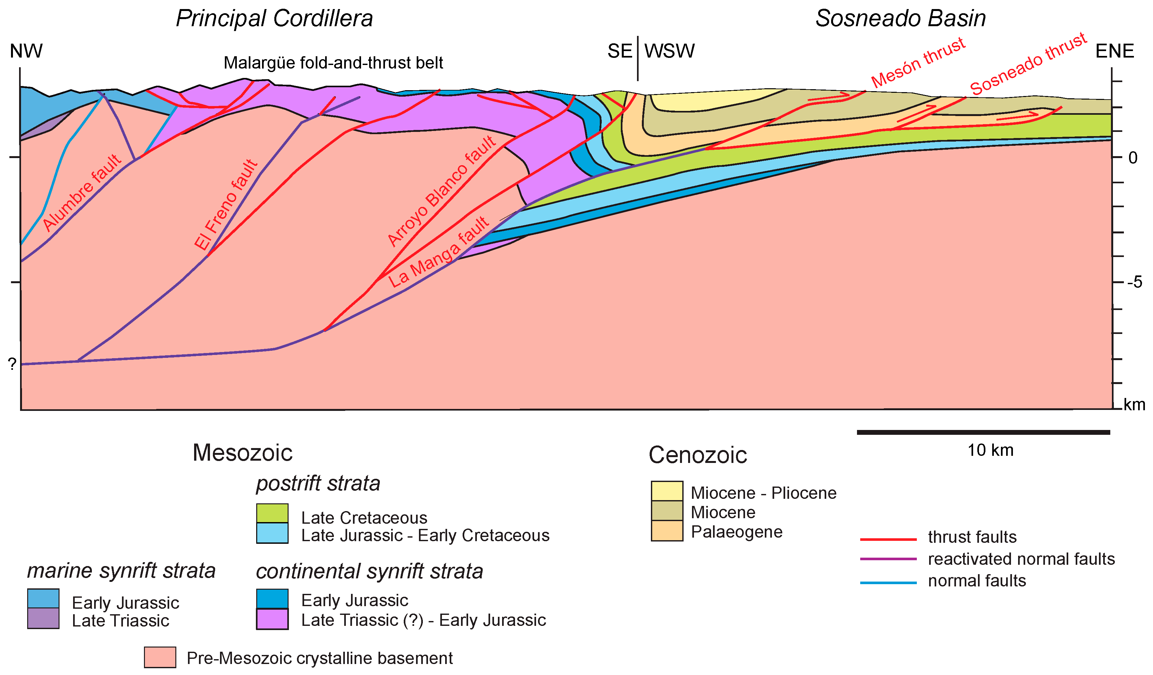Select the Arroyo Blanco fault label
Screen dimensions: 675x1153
coord(442,191)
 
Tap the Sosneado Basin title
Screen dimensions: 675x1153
coord(900,19)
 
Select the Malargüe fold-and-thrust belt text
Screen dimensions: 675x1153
coord(333,63)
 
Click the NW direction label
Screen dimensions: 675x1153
coord(26,51)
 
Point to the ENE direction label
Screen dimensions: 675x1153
coord(1114,51)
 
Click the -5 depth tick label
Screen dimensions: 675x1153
coord(1134,282)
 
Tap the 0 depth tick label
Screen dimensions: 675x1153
coord(1132,158)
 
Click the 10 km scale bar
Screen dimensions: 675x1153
coord(983,432)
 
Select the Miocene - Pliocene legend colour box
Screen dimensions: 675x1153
coord(667,491)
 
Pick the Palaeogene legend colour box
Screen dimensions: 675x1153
coord(667,531)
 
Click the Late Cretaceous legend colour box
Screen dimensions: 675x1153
coord(272,513)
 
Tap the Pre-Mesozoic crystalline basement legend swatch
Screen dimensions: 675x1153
coord(160,657)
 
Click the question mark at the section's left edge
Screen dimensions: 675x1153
coord(12,364)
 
